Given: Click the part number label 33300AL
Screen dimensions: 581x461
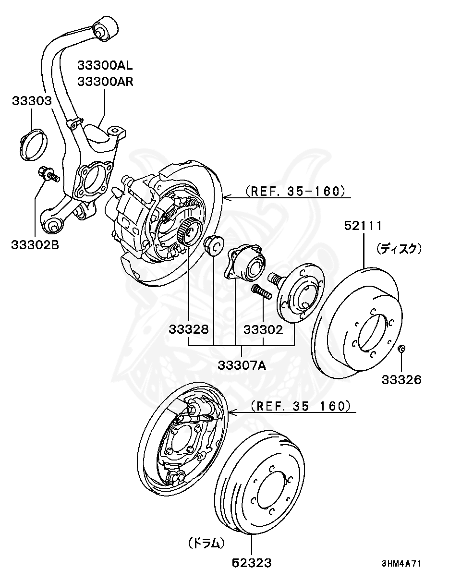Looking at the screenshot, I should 105,65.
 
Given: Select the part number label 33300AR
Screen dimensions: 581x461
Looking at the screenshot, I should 105,81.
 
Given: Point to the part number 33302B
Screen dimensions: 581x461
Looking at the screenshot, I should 35,245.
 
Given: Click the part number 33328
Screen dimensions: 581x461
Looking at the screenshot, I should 189,330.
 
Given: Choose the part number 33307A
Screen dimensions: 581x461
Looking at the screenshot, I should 242,365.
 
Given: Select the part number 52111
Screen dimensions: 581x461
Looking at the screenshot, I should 363,226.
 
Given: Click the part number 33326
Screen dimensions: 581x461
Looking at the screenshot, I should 401,380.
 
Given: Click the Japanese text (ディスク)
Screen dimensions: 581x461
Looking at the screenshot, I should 399,248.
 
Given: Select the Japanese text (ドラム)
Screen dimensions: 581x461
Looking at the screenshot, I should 206,543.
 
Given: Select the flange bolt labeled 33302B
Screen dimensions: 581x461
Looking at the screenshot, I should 48,174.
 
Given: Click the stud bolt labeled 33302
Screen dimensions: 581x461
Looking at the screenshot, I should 260,291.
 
